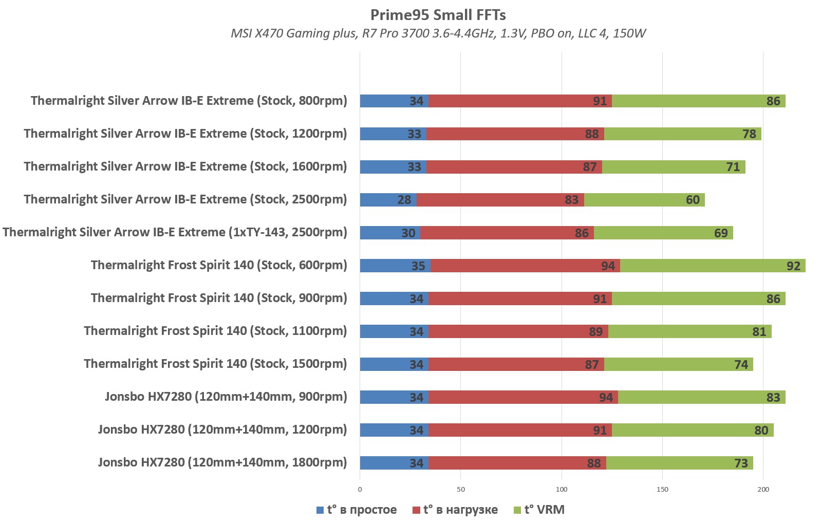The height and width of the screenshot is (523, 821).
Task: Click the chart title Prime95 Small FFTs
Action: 438,15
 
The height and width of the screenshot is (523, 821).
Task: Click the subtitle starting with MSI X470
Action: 438,33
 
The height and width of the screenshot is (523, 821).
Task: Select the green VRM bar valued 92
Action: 712,266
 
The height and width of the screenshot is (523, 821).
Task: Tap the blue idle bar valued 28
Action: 388,200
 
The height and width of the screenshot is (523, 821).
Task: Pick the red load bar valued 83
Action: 500,200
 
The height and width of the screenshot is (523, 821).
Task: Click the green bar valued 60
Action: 644,200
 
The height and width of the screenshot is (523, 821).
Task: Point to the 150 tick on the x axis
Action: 662,489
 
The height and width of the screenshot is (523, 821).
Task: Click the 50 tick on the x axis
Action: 461,489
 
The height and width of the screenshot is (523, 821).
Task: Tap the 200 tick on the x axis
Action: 763,489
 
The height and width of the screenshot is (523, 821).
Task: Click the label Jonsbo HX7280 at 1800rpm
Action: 222,462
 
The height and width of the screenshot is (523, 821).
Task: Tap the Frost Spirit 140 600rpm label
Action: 219,265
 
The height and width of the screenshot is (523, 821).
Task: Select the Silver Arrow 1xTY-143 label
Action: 175,232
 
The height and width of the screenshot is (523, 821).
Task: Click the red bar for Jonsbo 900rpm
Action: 523,397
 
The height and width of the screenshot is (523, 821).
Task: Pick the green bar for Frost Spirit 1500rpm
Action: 678,364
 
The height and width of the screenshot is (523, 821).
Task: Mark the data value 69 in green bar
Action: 721,233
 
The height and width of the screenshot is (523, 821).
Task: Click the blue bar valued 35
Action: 395,266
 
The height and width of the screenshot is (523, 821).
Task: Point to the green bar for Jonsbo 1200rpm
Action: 692,430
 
